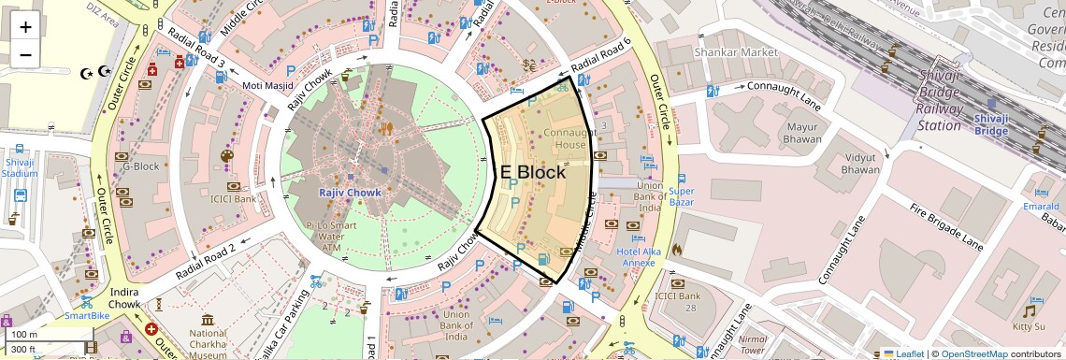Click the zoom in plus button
click(25, 26)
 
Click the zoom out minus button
click(25, 54)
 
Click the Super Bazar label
click(681, 196)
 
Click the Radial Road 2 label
click(205, 263)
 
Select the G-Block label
click(141, 167)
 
